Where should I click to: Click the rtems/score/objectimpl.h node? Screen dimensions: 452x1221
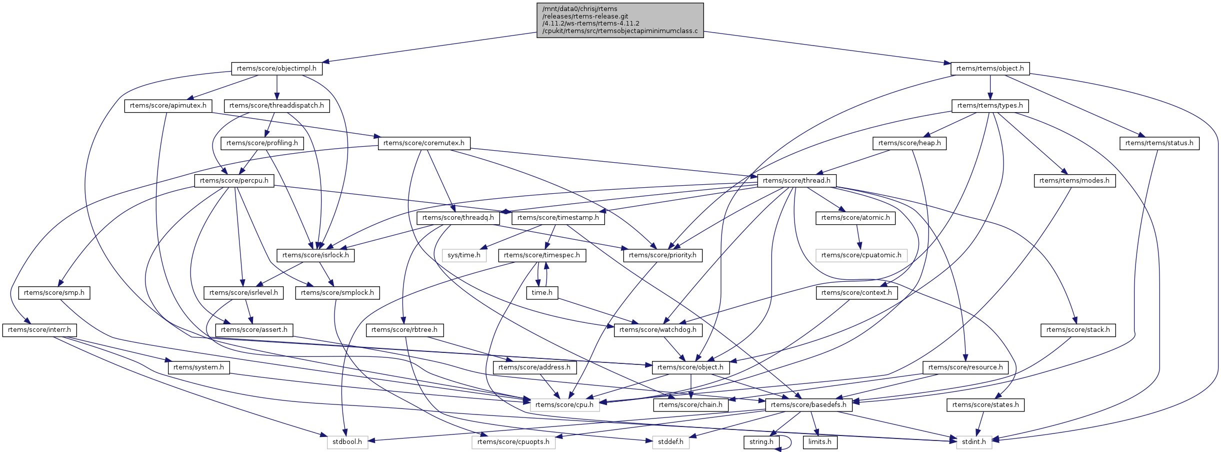tap(276, 69)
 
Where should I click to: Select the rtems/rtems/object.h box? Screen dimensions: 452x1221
tap(989, 69)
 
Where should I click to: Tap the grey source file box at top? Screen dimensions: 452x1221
tap(620, 20)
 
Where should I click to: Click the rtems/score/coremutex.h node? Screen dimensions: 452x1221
tap(423, 143)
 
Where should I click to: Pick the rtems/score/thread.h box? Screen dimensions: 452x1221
tap(796, 181)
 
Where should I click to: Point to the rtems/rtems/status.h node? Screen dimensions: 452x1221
tap(1158, 143)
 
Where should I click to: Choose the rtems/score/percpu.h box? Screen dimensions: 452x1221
tap(234, 181)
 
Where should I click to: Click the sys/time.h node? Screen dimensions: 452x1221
tap(463, 255)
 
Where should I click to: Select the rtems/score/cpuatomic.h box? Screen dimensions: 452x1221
tap(861, 255)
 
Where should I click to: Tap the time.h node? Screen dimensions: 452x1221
tap(542, 293)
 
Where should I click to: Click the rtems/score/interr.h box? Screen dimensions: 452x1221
tap(39, 330)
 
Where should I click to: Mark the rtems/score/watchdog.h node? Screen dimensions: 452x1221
tap(657, 330)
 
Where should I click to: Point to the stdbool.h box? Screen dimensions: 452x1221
tap(347, 442)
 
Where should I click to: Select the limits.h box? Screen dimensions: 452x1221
tap(819, 442)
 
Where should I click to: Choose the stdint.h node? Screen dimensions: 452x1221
tap(973, 442)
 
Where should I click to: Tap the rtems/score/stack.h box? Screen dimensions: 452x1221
tap(1077, 330)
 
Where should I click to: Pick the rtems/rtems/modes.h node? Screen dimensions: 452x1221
tap(1074, 181)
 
